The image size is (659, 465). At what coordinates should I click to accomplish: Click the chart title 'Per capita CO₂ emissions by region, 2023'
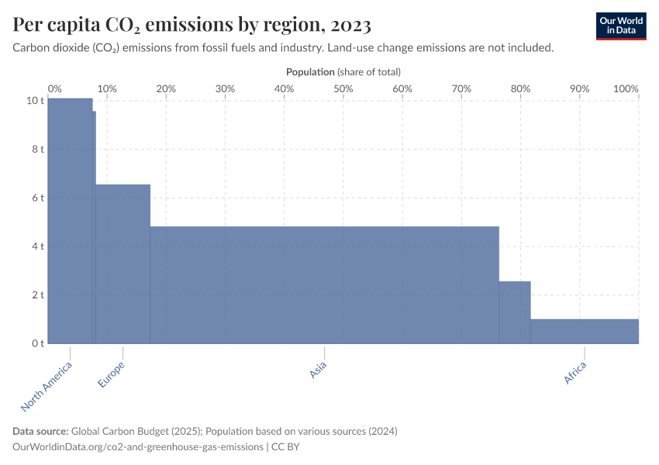[x=191, y=25]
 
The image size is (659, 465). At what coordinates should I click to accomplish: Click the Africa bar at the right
[x=585, y=331]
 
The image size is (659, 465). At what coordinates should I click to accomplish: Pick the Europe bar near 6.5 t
[x=122, y=263]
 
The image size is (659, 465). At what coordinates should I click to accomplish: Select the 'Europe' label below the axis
[x=112, y=374]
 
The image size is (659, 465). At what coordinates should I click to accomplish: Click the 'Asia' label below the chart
[x=318, y=370]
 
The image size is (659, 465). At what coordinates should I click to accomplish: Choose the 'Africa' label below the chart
[x=575, y=373]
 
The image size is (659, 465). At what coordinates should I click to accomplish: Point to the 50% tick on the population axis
[x=343, y=88]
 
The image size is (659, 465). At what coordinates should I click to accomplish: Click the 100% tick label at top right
[x=626, y=88]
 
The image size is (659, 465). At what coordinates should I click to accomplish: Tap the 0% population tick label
[x=55, y=88]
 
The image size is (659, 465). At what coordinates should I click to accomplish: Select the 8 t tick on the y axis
[x=36, y=149]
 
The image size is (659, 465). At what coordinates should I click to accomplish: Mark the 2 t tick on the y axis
[x=36, y=294]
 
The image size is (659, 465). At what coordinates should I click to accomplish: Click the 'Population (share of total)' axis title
[x=343, y=71]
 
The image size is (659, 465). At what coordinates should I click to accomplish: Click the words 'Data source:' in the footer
[x=40, y=431]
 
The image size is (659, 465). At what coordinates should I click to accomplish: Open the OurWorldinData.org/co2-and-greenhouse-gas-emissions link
[x=137, y=446]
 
